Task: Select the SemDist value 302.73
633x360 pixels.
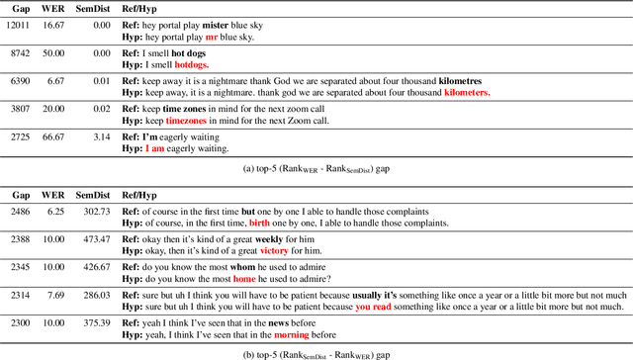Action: pyautogui.click(x=94, y=212)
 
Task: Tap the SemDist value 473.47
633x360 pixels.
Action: pyautogui.click(x=94, y=239)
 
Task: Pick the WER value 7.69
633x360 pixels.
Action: pyautogui.click(x=53, y=295)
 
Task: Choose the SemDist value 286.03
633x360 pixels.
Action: pyautogui.click(x=94, y=295)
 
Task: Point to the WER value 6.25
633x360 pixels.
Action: pyautogui.click(x=53, y=212)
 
